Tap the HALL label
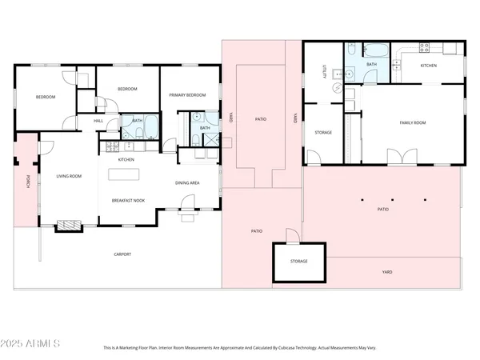(x=98, y=121)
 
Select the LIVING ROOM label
(x=69, y=176)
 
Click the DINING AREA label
(x=187, y=183)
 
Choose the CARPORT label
(x=122, y=254)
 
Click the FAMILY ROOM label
(x=414, y=122)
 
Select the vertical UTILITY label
(x=324, y=71)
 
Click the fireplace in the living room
(x=69, y=226)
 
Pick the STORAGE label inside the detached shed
(x=298, y=262)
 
